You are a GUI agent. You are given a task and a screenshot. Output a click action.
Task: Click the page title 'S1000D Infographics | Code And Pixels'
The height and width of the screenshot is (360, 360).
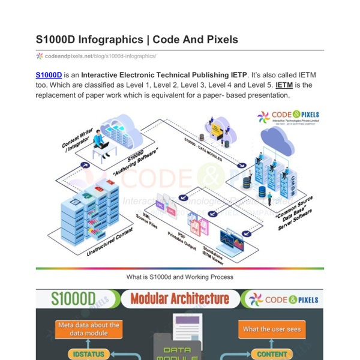[x=137, y=40]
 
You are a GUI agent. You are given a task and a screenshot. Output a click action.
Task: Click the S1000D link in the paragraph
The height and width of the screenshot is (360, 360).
[x=49, y=75]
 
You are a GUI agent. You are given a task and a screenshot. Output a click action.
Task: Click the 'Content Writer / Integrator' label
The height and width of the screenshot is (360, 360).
[x=77, y=137]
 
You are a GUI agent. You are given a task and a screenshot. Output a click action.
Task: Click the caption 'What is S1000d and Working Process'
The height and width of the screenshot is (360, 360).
[x=179, y=277]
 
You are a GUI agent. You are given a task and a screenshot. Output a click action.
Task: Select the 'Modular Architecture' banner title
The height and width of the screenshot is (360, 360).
[x=179, y=298]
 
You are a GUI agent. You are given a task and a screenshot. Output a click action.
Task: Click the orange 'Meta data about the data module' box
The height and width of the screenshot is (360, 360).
[x=88, y=329]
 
